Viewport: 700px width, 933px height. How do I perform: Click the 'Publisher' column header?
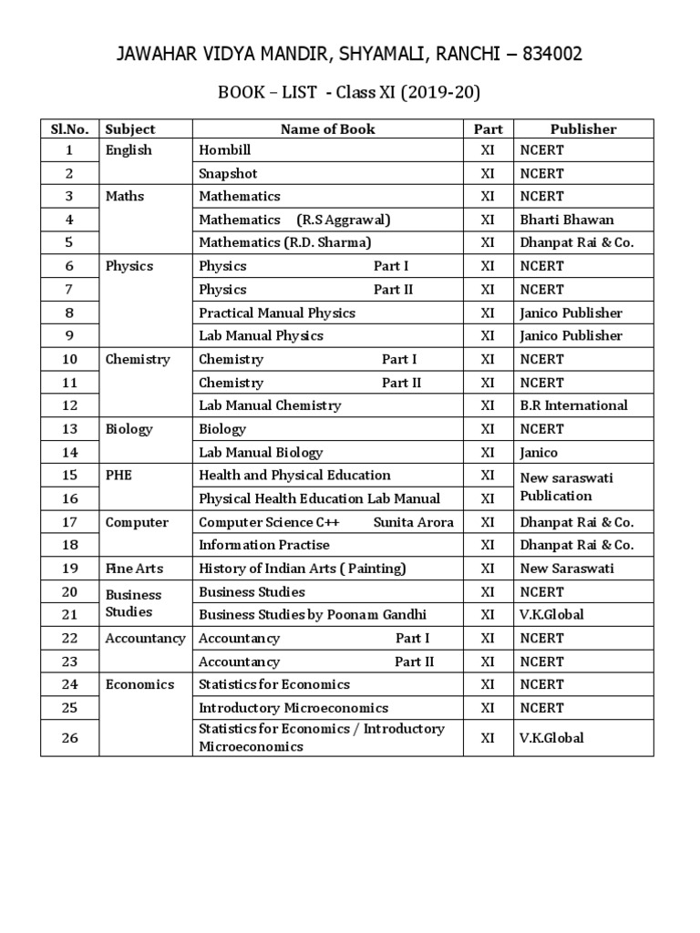pyautogui.click(x=583, y=129)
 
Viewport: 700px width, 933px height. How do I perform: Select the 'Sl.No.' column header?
pyautogui.click(x=70, y=129)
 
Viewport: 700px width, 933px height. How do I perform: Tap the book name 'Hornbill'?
pyautogui.click(x=224, y=150)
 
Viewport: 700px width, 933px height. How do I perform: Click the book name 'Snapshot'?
pyautogui.click(x=228, y=173)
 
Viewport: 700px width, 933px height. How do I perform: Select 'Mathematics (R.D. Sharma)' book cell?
pyautogui.click(x=284, y=242)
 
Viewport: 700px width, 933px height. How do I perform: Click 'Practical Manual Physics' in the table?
pyautogui.click(x=276, y=313)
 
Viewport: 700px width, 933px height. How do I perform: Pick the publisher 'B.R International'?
pyautogui.click(x=573, y=405)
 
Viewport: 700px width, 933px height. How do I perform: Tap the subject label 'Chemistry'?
pyautogui.click(x=138, y=359)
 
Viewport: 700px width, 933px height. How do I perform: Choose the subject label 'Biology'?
pyautogui.click(x=129, y=429)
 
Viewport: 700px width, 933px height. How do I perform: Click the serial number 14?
pyautogui.click(x=70, y=452)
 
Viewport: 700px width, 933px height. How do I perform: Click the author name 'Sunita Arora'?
pyautogui.click(x=414, y=522)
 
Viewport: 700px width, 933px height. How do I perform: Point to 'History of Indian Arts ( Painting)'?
pyautogui.click(x=302, y=569)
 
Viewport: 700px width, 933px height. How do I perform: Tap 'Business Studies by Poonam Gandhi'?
pyautogui.click(x=312, y=614)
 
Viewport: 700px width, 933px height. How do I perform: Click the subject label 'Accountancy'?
pyautogui.click(x=145, y=638)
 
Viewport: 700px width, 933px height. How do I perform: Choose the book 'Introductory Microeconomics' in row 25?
pyautogui.click(x=293, y=708)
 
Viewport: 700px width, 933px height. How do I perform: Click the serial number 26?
pyautogui.click(x=70, y=738)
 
